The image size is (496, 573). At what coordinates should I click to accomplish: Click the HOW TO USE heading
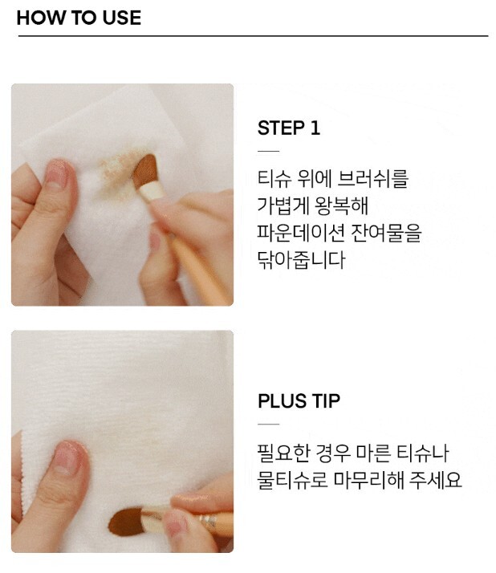click(x=79, y=18)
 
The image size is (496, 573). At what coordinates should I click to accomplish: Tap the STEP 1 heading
click(x=289, y=128)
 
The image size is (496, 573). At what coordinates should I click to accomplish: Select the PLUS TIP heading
click(x=299, y=401)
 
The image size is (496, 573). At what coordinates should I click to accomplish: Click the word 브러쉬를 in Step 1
click(x=372, y=179)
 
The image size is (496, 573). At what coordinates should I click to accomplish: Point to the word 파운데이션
click(x=301, y=233)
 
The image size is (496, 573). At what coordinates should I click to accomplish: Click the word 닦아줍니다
click(x=301, y=260)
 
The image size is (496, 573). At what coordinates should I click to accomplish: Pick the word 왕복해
click(x=340, y=205)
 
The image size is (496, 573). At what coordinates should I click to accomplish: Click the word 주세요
click(x=435, y=480)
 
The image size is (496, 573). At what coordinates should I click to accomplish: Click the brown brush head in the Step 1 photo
click(x=144, y=170)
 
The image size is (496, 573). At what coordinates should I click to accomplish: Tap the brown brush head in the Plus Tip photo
click(x=125, y=522)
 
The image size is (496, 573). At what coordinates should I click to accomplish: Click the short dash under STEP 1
click(x=268, y=151)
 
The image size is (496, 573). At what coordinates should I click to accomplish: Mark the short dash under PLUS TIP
click(x=268, y=425)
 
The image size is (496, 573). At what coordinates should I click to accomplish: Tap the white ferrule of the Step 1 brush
click(x=152, y=191)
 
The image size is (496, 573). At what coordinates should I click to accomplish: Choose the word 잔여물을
click(x=386, y=233)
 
